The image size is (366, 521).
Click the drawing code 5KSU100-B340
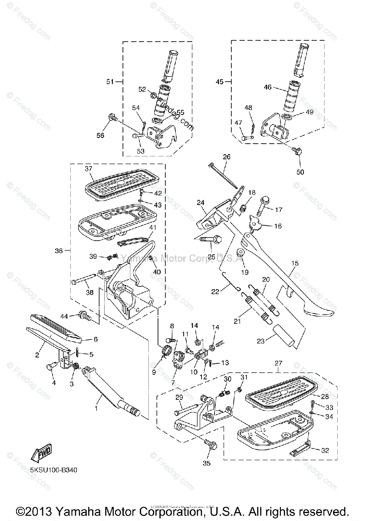(x=54, y=470)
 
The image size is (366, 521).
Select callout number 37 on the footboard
(x=89, y=169)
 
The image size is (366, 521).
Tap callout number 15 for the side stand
(x=295, y=264)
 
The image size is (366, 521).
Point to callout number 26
(x=227, y=157)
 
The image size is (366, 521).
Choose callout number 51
(x=110, y=81)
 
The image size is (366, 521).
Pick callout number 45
(x=219, y=82)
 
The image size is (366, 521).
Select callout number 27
(x=277, y=363)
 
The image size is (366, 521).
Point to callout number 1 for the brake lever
(x=96, y=409)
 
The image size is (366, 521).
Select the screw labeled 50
(x=297, y=151)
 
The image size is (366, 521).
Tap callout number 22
(x=215, y=292)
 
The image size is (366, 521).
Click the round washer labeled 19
(x=239, y=253)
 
